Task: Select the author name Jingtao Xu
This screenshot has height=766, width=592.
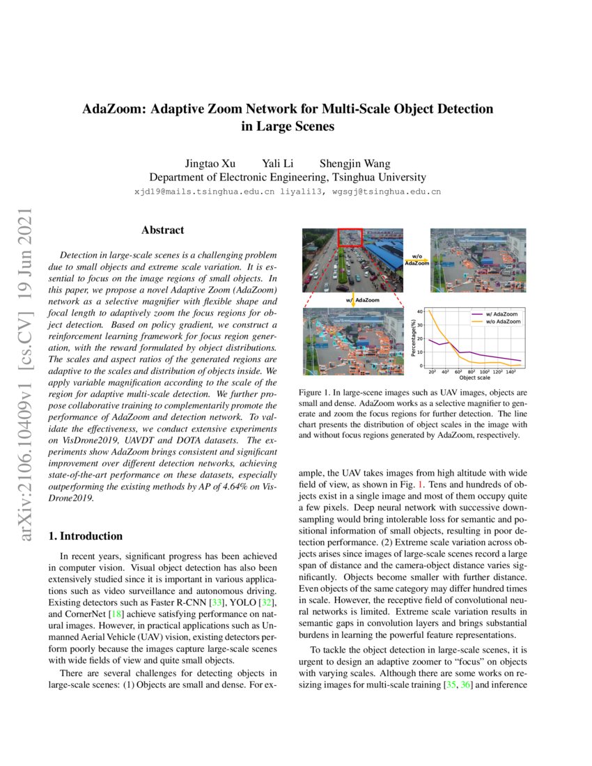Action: click(210, 164)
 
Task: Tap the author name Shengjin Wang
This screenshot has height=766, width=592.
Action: click(355, 164)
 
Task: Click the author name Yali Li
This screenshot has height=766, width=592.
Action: click(278, 164)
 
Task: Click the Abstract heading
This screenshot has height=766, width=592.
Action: click(163, 230)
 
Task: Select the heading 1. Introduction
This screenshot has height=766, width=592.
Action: click(85, 536)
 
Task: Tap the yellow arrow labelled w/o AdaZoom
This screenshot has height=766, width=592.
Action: click(416, 262)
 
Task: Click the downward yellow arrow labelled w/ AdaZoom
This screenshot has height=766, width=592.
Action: click(354, 301)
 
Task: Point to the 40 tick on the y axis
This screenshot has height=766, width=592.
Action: click(419, 311)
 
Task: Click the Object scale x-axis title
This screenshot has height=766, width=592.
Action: click(474, 378)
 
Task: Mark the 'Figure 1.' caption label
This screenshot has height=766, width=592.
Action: click(313, 393)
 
